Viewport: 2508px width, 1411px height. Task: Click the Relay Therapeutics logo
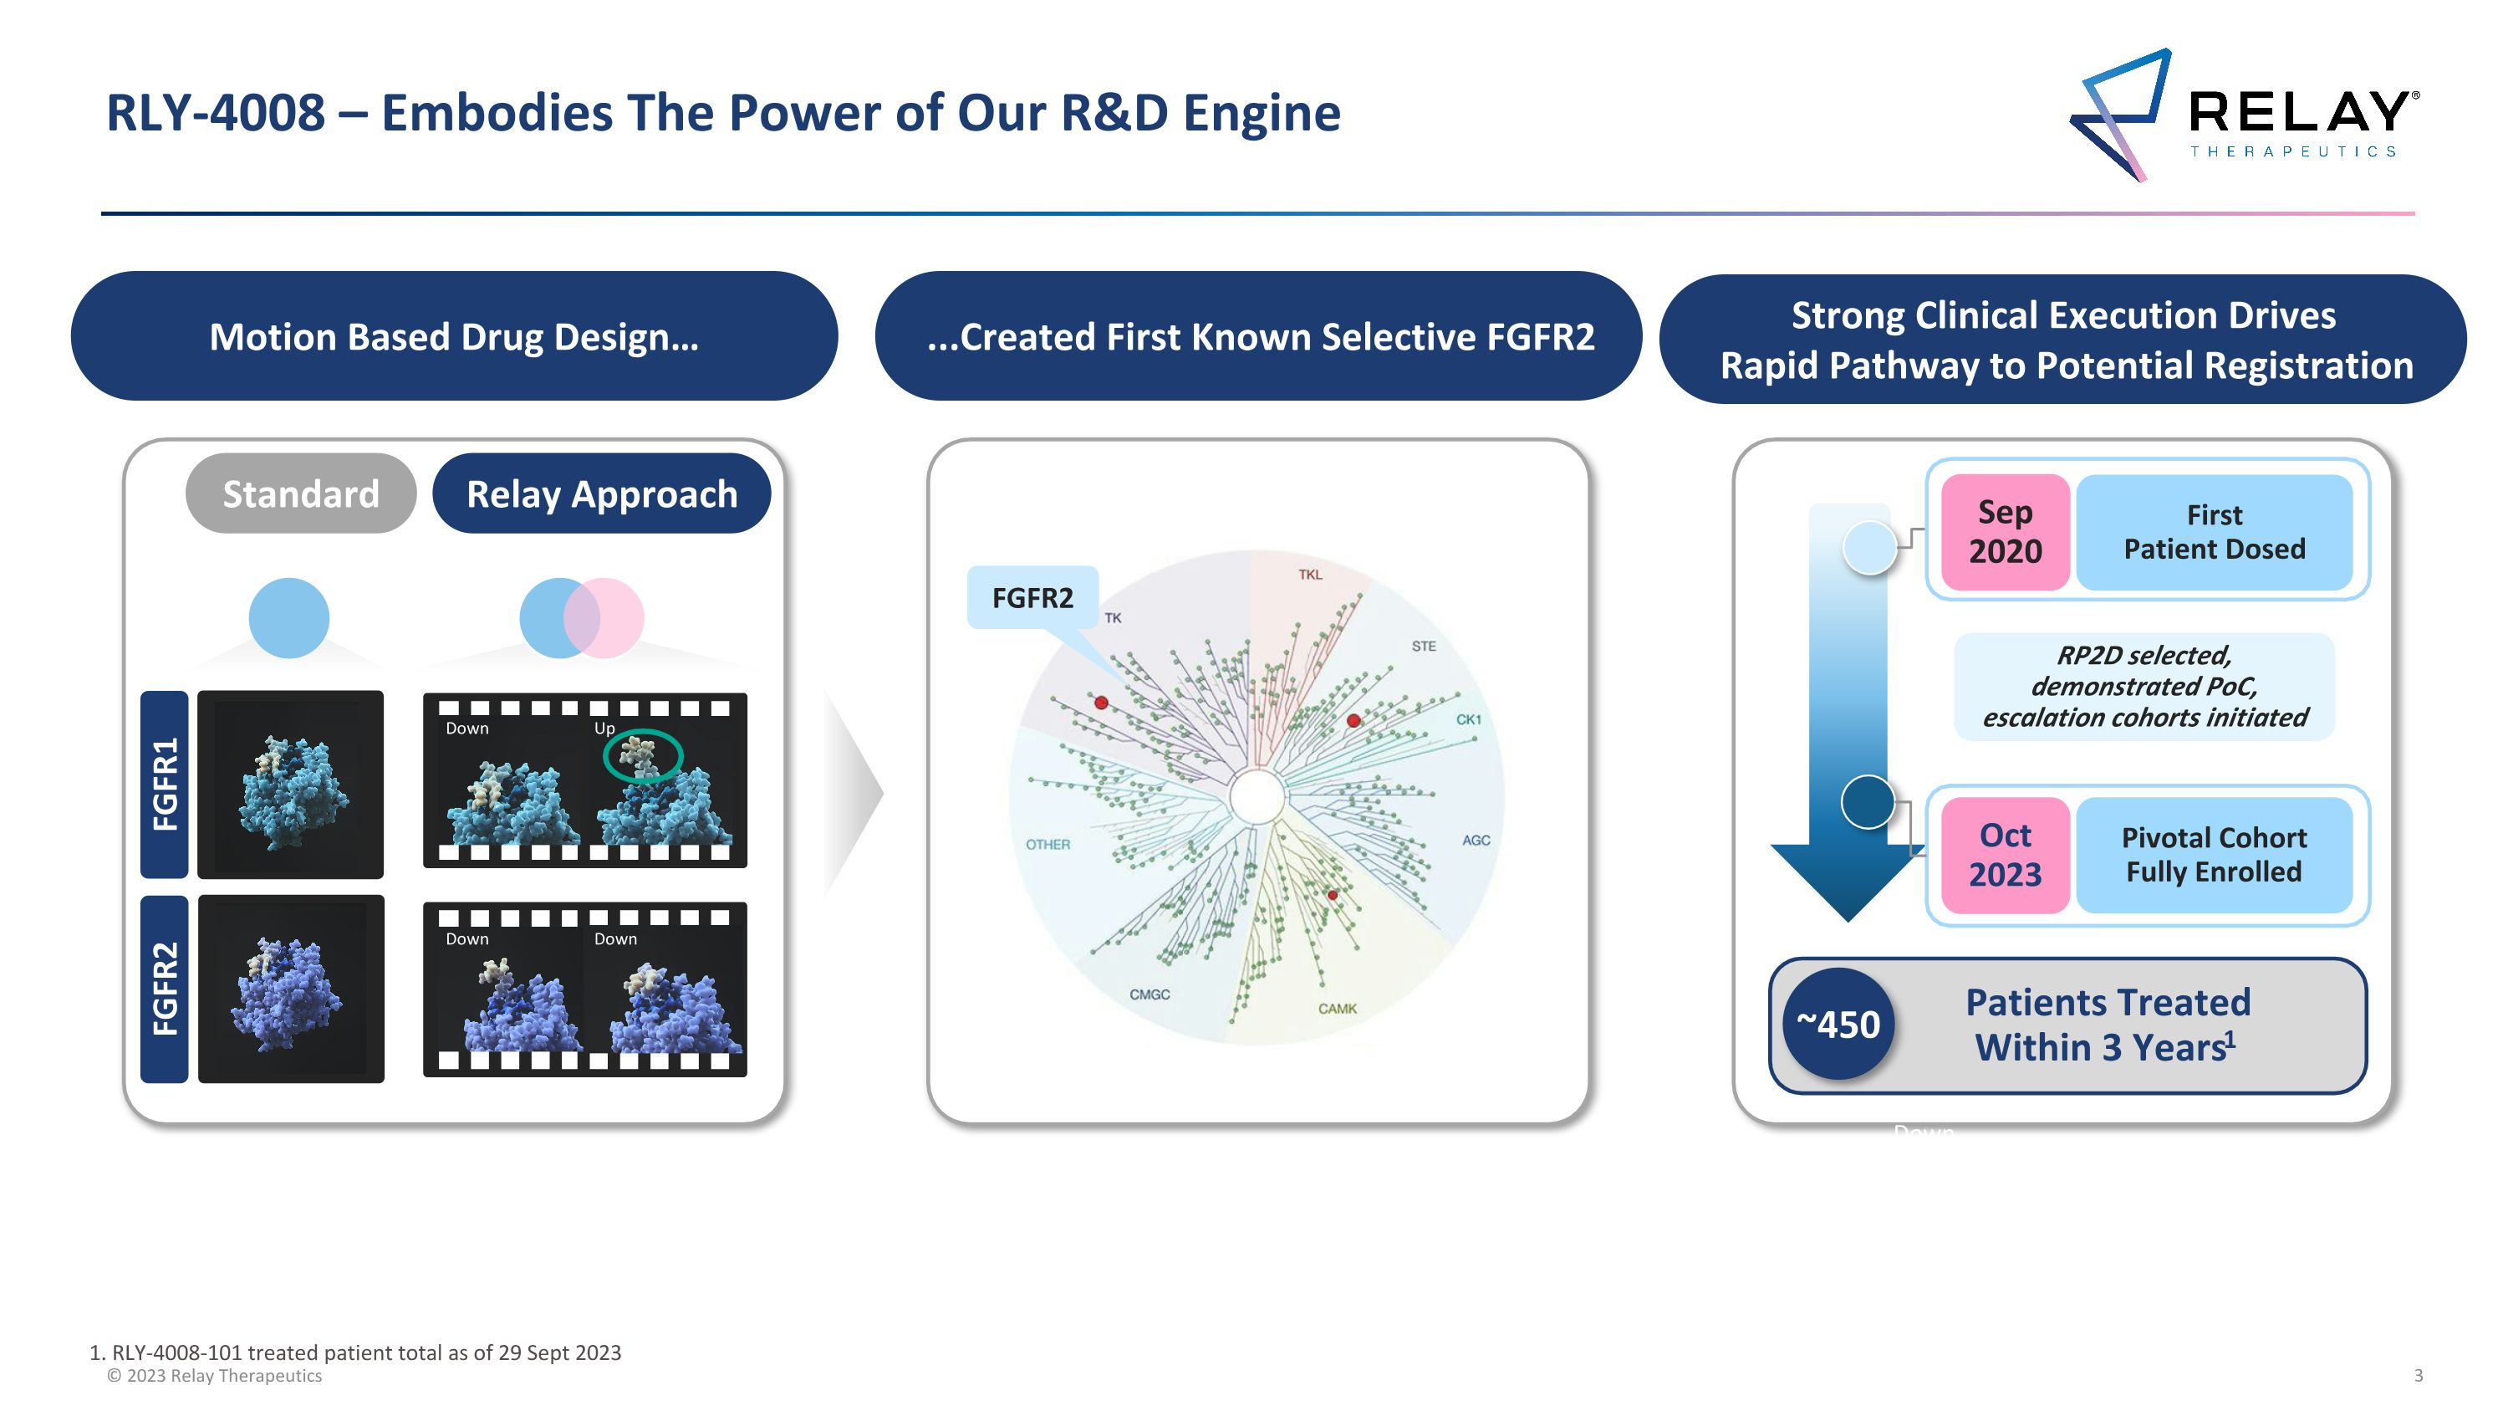2243,115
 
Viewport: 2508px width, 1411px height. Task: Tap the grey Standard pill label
301,493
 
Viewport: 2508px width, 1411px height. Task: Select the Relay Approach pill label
602,493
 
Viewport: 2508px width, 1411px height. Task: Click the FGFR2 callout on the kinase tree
1032,597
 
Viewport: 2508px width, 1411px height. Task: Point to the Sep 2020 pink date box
2005,532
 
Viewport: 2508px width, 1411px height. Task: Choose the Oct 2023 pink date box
2005,855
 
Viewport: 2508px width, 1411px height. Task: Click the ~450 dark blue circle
1838,1025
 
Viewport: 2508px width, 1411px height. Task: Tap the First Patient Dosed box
2214,532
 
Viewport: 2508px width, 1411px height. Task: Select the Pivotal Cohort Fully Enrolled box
2214,855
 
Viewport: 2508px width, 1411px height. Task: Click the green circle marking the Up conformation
643,755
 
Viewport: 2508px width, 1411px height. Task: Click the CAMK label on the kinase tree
1337,1009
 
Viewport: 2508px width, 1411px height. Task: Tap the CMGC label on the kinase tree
1149,994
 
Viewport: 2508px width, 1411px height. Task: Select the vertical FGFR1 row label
165,784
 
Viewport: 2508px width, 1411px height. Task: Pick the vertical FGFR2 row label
165,989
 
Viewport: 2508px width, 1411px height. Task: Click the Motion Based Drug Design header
454,336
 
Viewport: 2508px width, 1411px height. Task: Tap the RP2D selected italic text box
2144,687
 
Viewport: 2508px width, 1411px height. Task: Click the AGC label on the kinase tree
1476,841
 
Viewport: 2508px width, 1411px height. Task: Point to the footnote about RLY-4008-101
355,1352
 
